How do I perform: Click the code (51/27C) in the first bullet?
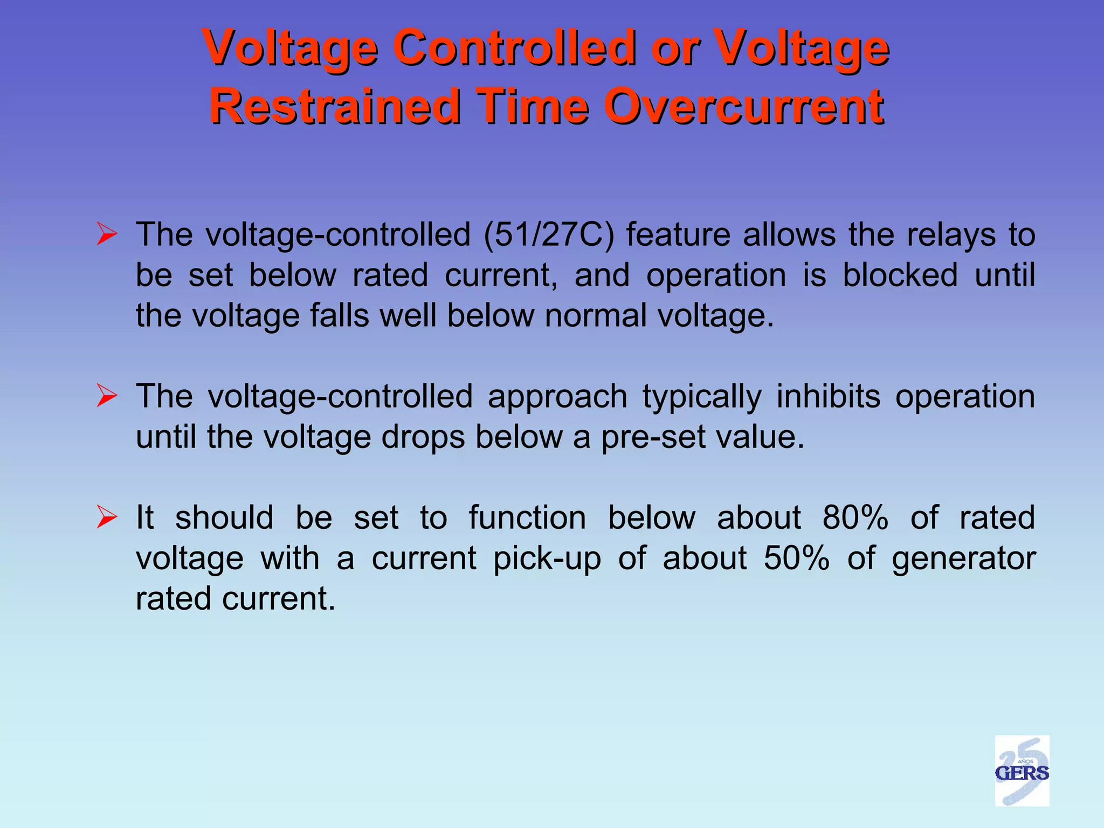pos(549,235)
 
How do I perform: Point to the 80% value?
pos(855,517)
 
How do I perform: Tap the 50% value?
pos(796,558)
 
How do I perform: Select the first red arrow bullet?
pos(107,235)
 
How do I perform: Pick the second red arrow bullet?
pos(107,397)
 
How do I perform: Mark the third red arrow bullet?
pos(107,517)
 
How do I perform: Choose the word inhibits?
pos(829,397)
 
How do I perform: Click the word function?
pos(527,517)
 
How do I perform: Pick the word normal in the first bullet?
pos(595,316)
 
